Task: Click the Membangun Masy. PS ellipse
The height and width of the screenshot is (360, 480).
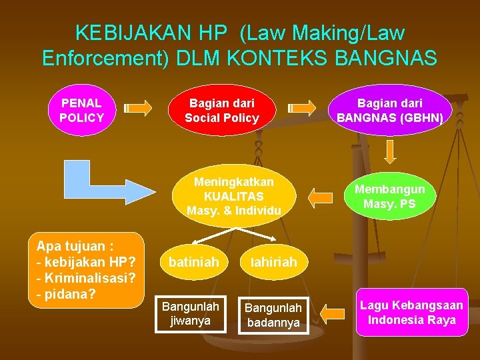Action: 390,196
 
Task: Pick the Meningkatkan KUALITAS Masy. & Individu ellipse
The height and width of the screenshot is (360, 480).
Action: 234,196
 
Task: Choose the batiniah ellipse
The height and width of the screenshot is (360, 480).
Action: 193,263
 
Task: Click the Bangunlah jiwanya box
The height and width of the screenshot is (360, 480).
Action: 191,313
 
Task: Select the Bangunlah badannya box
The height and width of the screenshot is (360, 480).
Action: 274,315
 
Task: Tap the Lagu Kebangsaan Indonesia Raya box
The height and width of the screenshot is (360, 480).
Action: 411,313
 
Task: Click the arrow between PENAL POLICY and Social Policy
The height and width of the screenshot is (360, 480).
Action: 139,107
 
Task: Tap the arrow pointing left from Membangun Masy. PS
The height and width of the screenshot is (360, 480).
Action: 321,196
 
